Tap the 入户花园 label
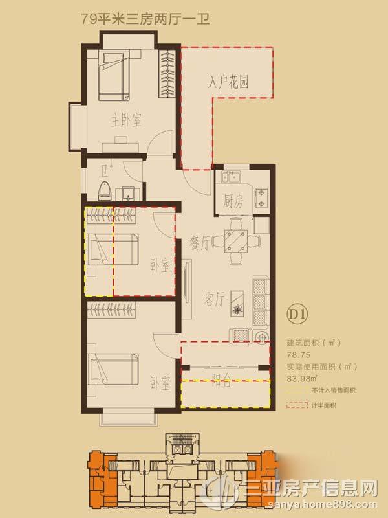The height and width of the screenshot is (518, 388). [228, 83]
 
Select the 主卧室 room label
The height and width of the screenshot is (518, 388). [125, 120]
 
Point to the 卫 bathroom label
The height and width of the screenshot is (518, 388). [103, 172]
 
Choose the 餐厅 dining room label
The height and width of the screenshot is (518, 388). [200, 243]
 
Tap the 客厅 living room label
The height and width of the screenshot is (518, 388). [215, 299]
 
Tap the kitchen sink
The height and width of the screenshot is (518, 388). [230, 177]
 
